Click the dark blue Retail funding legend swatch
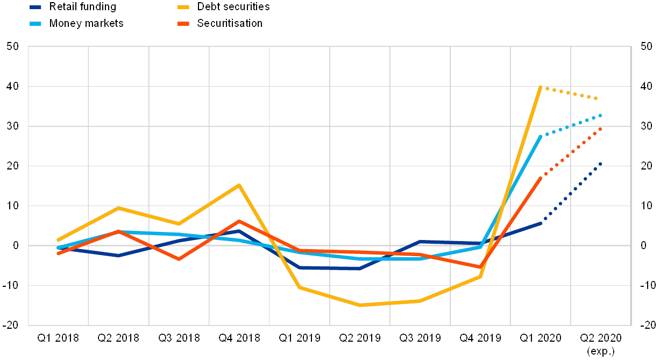pos(36,7)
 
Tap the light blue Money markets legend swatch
pos(36,23)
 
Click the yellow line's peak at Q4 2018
pos(239,185)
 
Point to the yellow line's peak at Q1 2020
pos(540,87)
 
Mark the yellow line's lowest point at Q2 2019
pos(359,305)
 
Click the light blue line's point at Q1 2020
pos(540,137)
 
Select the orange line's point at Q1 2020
pos(540,178)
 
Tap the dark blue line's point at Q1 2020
pos(540,223)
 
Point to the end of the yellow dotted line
pos(597,98)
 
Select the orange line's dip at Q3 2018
pos(179,259)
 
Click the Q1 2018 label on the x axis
pos(58,338)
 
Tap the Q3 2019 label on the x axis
pos(420,338)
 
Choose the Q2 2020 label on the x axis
pos(600,338)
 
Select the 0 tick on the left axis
pos(16,245)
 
